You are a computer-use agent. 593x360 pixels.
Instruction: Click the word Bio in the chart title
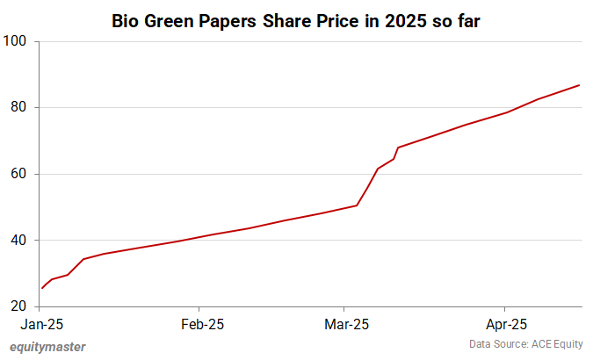pos(126,21)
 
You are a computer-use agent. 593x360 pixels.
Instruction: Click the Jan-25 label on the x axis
pos(40,324)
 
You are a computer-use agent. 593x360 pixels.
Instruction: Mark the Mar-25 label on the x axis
pos(346,324)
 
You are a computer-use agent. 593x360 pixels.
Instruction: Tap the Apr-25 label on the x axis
pos(504,324)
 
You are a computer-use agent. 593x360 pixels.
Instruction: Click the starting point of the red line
pos(41,288)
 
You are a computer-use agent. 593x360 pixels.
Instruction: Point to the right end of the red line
pos(580,85)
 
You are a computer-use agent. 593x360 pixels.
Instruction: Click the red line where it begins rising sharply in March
pos(357,205)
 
